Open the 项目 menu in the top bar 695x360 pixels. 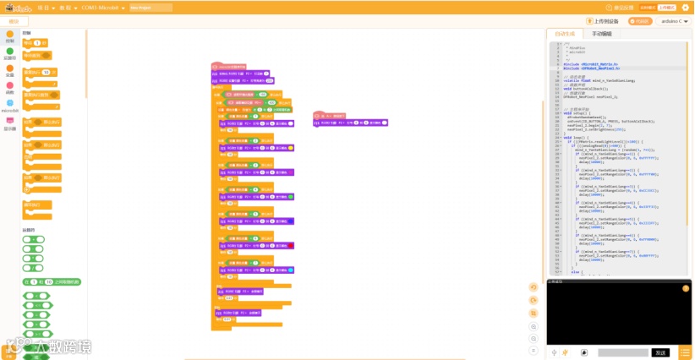coord(43,6)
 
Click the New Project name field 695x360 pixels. coord(151,6)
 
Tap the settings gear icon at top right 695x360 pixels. coord(686,6)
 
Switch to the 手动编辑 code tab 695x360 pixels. coord(601,34)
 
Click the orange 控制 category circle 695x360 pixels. coord(9,34)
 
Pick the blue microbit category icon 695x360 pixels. coord(9,103)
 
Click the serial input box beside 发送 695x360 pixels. coord(624,352)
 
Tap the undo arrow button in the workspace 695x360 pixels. coord(534,286)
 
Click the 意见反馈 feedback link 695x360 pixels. coord(647,6)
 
